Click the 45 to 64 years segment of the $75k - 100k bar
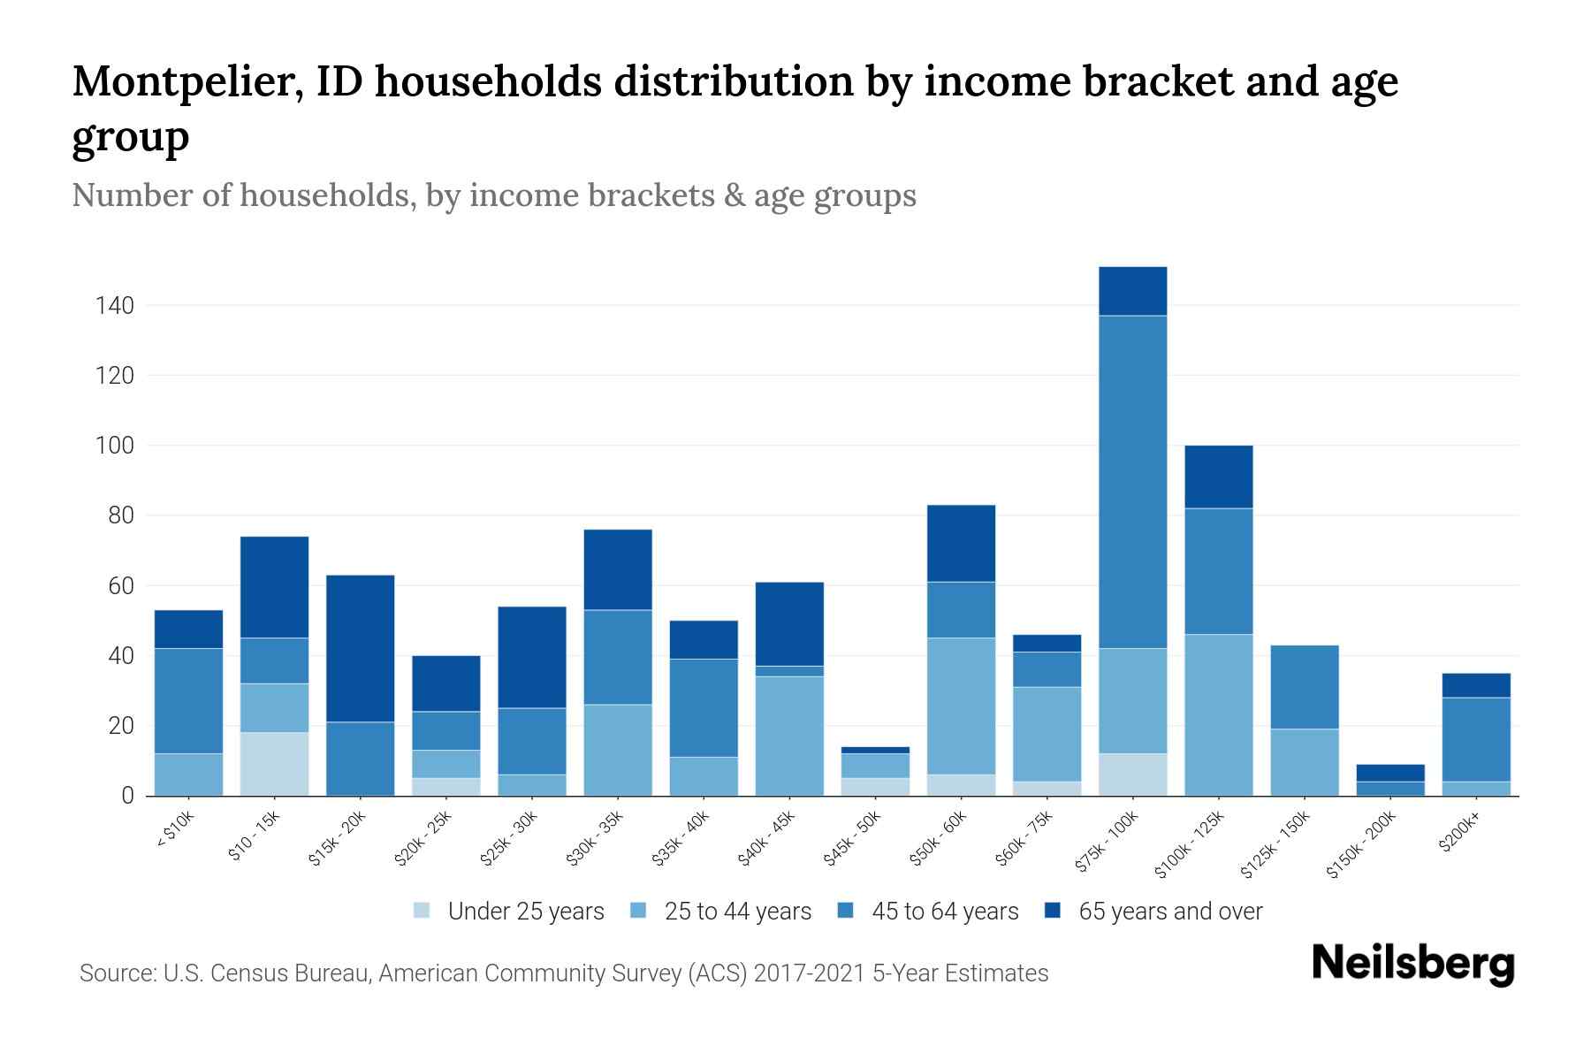click(1132, 482)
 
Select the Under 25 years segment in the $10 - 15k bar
click(274, 764)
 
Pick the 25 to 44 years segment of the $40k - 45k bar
click(789, 736)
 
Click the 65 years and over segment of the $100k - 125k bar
click(1218, 477)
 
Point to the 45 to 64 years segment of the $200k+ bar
click(1476, 739)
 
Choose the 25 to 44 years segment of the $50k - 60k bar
click(961, 706)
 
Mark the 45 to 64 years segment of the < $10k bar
click(188, 700)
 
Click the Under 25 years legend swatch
click(422, 911)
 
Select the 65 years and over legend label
click(1170, 912)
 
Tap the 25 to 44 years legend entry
click(737, 912)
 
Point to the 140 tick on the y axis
click(115, 306)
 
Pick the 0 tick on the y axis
click(127, 796)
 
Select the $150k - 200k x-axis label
click(1361, 844)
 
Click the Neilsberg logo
click(1412, 964)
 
